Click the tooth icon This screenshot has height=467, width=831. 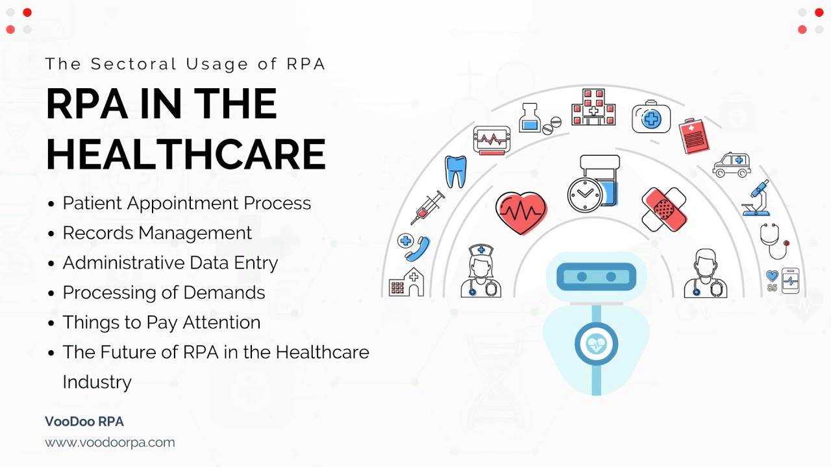coord(455,172)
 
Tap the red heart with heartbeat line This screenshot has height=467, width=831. coord(521,212)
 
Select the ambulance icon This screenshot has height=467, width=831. coord(732,165)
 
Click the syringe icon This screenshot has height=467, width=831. coord(427,208)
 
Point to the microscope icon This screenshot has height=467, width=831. coord(756,199)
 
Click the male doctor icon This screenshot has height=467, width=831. coord(705,273)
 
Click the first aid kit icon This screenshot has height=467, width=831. coord(651,117)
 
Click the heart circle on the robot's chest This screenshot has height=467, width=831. coord(595,344)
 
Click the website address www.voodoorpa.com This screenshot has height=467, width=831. coord(110,442)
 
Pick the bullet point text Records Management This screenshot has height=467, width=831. coord(157,233)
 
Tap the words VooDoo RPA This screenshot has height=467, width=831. coord(84,422)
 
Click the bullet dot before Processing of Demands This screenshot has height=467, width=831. coord(51,293)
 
